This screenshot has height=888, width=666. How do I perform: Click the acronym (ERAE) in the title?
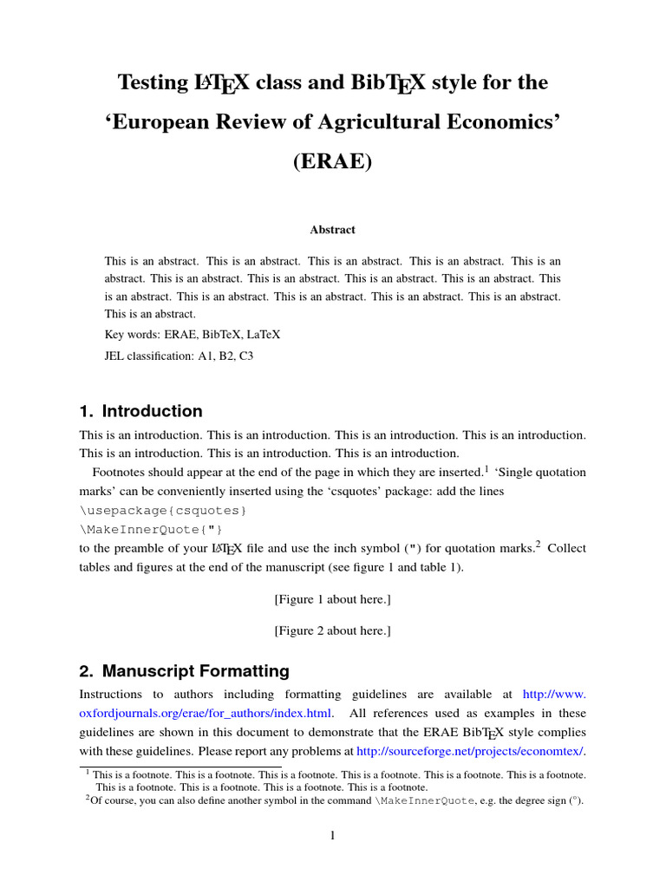point(333,162)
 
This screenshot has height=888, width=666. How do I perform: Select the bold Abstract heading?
point(333,230)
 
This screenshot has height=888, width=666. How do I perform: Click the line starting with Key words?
point(192,334)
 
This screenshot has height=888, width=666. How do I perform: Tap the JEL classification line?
point(179,356)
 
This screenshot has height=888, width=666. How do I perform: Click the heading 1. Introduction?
point(140,411)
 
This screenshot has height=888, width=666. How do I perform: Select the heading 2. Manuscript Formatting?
point(184,670)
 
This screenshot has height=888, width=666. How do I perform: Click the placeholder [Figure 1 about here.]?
point(333,599)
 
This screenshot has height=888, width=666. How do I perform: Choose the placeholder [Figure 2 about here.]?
point(333,630)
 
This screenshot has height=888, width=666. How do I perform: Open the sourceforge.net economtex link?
point(470,750)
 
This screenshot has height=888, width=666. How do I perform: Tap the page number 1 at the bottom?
point(332,835)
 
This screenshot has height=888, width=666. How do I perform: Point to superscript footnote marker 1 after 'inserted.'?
point(487,469)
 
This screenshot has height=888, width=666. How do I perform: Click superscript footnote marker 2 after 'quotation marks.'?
point(538,545)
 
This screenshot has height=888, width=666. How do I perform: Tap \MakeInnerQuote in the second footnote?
point(425,801)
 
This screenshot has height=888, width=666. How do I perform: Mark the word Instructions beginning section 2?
point(113,695)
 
